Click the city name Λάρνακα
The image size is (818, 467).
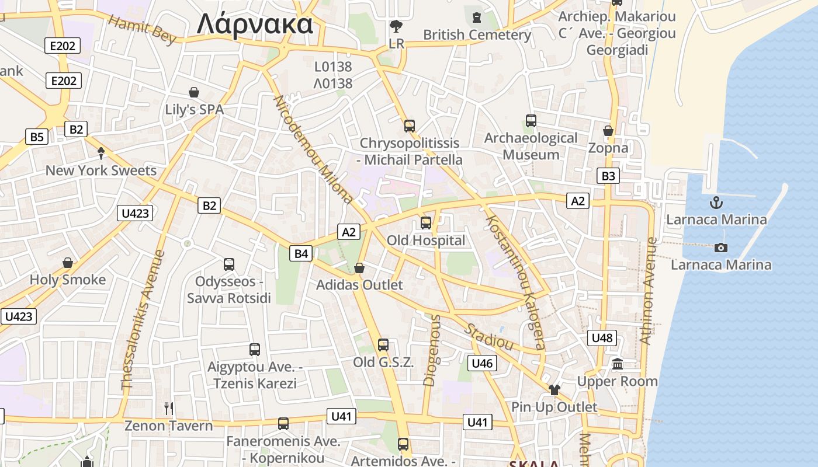255,25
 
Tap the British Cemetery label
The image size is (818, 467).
477,35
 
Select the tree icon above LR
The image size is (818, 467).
396,26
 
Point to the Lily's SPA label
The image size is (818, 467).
194,110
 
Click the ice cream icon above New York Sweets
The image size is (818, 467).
101,153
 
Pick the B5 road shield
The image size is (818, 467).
37,137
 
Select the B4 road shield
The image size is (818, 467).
301,253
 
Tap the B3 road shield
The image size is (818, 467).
608,176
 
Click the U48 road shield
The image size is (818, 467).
602,337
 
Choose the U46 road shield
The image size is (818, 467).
482,364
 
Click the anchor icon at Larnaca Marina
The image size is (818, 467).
716,203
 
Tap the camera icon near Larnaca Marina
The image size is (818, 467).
721,248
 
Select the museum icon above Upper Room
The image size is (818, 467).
618,365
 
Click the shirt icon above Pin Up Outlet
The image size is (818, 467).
554,390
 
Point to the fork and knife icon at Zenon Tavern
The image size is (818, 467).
169,408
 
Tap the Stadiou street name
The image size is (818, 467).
489,337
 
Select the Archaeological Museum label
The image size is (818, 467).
531,147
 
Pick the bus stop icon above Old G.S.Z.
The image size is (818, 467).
383,345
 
